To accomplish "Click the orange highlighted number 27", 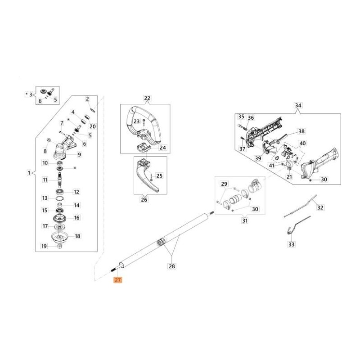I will point(118,280).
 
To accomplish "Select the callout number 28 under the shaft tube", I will point(171,266).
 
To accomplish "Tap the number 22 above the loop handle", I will point(147,98).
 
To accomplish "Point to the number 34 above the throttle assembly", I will point(298,106).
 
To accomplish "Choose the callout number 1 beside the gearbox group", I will point(29,173).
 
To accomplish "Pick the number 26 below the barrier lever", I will point(144,200).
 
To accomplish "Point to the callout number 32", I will point(320,208).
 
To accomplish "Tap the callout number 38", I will point(301,132).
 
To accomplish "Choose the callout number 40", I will point(302,144).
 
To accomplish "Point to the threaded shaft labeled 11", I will point(59,182).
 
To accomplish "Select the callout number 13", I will point(45,198).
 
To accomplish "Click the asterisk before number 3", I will point(26,94).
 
